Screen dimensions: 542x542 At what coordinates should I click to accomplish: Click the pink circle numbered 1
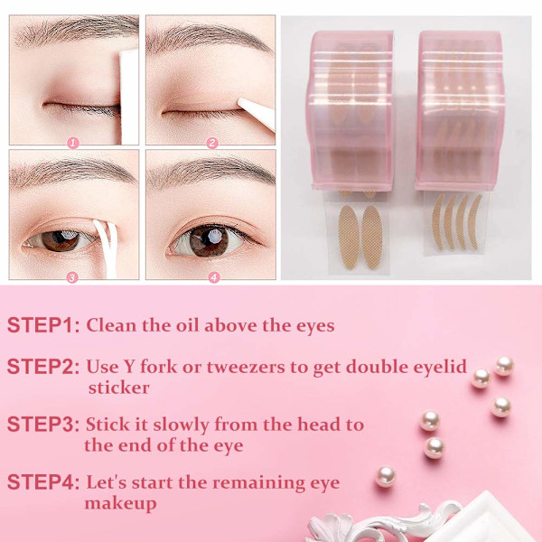pyautogui.click(x=73, y=143)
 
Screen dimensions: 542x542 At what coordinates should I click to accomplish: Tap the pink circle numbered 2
pyautogui.click(x=212, y=143)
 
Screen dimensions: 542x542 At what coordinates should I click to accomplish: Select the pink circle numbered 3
pyautogui.click(x=72, y=277)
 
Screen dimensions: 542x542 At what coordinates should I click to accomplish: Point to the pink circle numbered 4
pyautogui.click(x=214, y=277)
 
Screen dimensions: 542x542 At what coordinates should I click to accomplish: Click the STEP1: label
pyautogui.click(x=43, y=325)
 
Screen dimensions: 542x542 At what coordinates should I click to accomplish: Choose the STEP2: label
pyautogui.click(x=43, y=367)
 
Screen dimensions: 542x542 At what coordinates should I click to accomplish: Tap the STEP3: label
pyautogui.click(x=43, y=425)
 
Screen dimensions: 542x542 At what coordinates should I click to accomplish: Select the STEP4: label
pyautogui.click(x=43, y=482)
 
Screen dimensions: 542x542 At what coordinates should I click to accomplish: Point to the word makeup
pyautogui.click(x=120, y=504)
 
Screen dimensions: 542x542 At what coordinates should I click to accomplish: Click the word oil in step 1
pyautogui.click(x=187, y=325)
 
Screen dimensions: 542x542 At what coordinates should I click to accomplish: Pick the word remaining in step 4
pyautogui.click(x=258, y=483)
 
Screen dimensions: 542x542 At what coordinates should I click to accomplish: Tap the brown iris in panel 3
pyautogui.click(x=61, y=240)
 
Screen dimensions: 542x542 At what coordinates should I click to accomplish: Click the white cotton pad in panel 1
pyautogui.click(x=129, y=97)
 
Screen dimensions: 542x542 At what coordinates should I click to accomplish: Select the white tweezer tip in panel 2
pyautogui.click(x=257, y=113)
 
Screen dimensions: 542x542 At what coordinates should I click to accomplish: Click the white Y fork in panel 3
pyautogui.click(x=107, y=248)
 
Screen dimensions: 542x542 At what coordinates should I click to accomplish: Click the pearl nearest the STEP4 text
pyautogui.click(x=386, y=476)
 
